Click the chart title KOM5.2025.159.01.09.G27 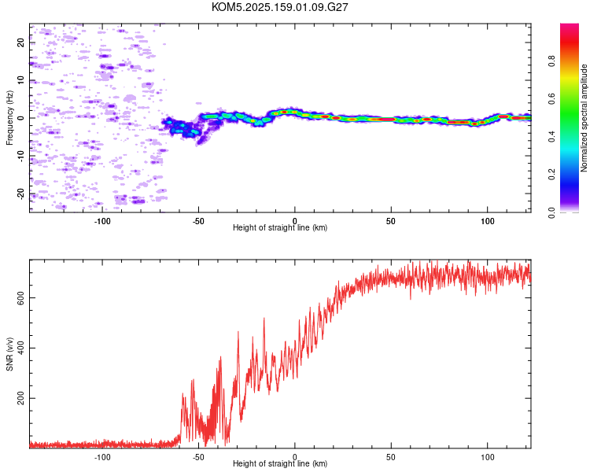pos(279,7)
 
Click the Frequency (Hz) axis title pos(9,118)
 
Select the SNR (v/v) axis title pos(9,354)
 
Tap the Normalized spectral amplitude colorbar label pos(584,118)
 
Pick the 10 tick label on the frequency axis pos(20,80)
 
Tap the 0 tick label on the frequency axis pos(20,118)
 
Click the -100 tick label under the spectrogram pos(101,221)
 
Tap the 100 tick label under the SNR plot pos(487,457)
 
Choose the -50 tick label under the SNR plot pos(198,457)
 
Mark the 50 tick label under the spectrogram pos(391,221)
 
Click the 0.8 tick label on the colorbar pos(551,61)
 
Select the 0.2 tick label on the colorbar pos(551,175)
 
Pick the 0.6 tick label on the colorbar pos(551,98)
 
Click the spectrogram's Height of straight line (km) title pos(280,227)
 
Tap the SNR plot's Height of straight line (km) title pos(280,463)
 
